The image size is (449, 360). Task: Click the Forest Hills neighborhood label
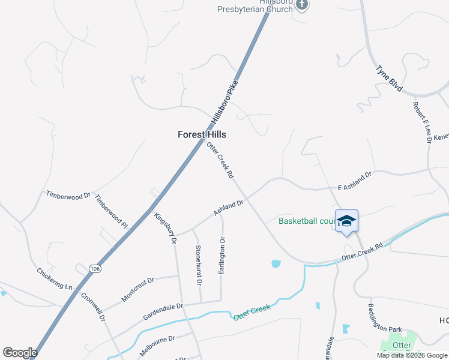pyautogui.click(x=202, y=134)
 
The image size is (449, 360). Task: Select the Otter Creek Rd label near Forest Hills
pyautogui.click(x=220, y=161)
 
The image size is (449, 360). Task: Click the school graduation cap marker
pyautogui.click(x=346, y=222)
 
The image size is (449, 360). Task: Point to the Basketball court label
pyautogui.click(x=306, y=221)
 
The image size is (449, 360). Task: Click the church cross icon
pyautogui.click(x=302, y=5)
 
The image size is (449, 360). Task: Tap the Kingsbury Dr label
pyautogui.click(x=164, y=228)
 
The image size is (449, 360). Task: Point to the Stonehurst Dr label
pyautogui.click(x=198, y=265)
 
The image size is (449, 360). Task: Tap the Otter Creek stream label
pyautogui.click(x=252, y=311)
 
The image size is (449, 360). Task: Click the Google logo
pyautogui.click(x=20, y=352)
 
